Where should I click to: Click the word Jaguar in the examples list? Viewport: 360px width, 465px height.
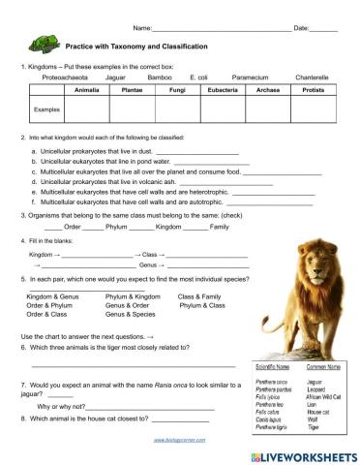[x=115, y=75]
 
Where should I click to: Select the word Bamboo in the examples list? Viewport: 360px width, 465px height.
[x=160, y=75]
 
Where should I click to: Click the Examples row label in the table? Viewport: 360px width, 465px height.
[x=47, y=109]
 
